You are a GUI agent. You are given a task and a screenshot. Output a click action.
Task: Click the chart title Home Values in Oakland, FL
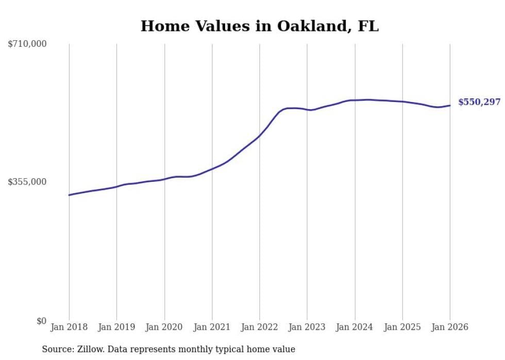[259, 26]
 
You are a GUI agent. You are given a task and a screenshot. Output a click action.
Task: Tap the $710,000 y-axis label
[27, 44]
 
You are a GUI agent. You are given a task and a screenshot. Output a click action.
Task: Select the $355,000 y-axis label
[27, 182]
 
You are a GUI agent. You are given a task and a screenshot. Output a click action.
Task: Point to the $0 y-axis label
[41, 321]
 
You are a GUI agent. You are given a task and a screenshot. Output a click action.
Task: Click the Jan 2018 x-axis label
[69, 327]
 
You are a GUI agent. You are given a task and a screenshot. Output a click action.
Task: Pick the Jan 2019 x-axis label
[116, 327]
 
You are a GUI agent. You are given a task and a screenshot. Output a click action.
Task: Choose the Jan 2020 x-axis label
[164, 327]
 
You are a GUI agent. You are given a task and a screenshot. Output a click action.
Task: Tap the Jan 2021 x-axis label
[212, 327]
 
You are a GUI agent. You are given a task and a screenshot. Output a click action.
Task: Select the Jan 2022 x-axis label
[260, 327]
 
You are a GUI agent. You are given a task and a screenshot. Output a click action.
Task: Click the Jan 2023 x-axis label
[307, 327]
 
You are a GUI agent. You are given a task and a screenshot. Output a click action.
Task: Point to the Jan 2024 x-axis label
[355, 327]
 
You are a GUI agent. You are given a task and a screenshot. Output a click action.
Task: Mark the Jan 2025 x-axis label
[402, 327]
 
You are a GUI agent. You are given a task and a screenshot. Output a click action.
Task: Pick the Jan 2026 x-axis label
[450, 327]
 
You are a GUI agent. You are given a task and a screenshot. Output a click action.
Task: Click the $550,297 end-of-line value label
[479, 102]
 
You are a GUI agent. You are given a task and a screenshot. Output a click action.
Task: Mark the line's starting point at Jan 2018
[69, 195]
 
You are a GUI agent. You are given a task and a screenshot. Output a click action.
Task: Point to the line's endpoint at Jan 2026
[450, 106]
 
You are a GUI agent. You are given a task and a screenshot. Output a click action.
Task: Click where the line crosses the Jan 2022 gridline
[260, 135]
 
